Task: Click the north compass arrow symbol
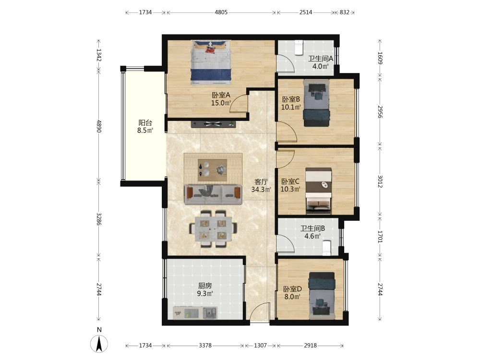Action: click(99, 344)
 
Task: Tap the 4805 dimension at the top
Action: click(221, 12)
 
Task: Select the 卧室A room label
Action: click(221, 95)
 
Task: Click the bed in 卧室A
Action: click(211, 63)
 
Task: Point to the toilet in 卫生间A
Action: click(299, 48)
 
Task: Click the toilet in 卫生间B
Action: click(326, 248)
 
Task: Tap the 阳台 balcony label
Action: click(145, 123)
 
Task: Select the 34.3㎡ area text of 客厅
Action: click(261, 190)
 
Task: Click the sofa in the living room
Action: click(213, 195)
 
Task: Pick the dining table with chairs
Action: click(213, 228)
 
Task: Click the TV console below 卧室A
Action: click(214, 124)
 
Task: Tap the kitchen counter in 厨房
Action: click(195, 313)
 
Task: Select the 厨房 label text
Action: click(205, 286)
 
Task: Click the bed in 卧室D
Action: click(322, 296)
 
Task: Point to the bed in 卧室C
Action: click(319, 191)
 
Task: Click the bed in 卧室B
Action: click(316, 103)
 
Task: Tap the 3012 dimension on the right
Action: click(380, 181)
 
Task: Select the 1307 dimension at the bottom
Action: click(260, 346)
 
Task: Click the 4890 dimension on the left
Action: click(98, 126)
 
